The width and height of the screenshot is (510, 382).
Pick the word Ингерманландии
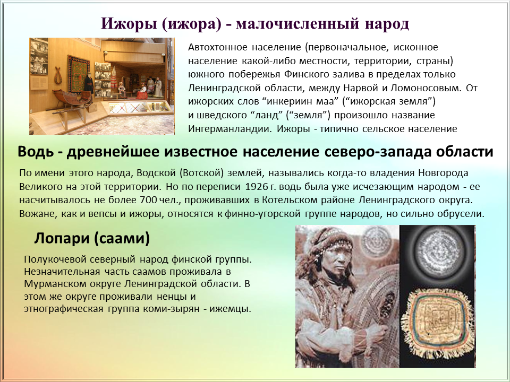coord(229,129)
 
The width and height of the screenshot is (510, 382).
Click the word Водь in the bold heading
coord(36,152)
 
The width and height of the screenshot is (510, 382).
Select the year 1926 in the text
coord(256,187)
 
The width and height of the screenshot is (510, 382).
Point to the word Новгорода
coord(443,173)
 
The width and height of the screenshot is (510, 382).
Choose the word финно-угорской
coord(262,214)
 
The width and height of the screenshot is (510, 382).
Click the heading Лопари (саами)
coord(92,238)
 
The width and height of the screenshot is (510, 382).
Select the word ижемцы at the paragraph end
coord(230,309)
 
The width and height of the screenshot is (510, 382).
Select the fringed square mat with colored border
coord(437,322)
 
